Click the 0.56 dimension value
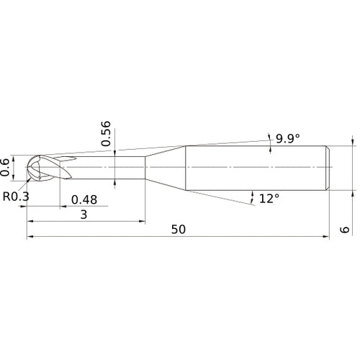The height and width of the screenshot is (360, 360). click(x=106, y=134)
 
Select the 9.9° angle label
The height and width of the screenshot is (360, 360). click(x=288, y=138)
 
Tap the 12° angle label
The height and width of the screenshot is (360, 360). click(x=269, y=199)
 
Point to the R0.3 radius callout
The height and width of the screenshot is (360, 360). click(x=16, y=197)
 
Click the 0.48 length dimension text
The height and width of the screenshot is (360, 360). click(x=84, y=199)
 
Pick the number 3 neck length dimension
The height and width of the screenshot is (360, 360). click(x=84, y=215)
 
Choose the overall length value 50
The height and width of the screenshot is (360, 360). click(x=179, y=230)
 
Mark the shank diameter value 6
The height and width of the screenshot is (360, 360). click(x=345, y=230)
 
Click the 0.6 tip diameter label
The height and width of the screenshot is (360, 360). click(x=5, y=167)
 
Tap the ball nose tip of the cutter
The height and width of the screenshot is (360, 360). click(x=27, y=167)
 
